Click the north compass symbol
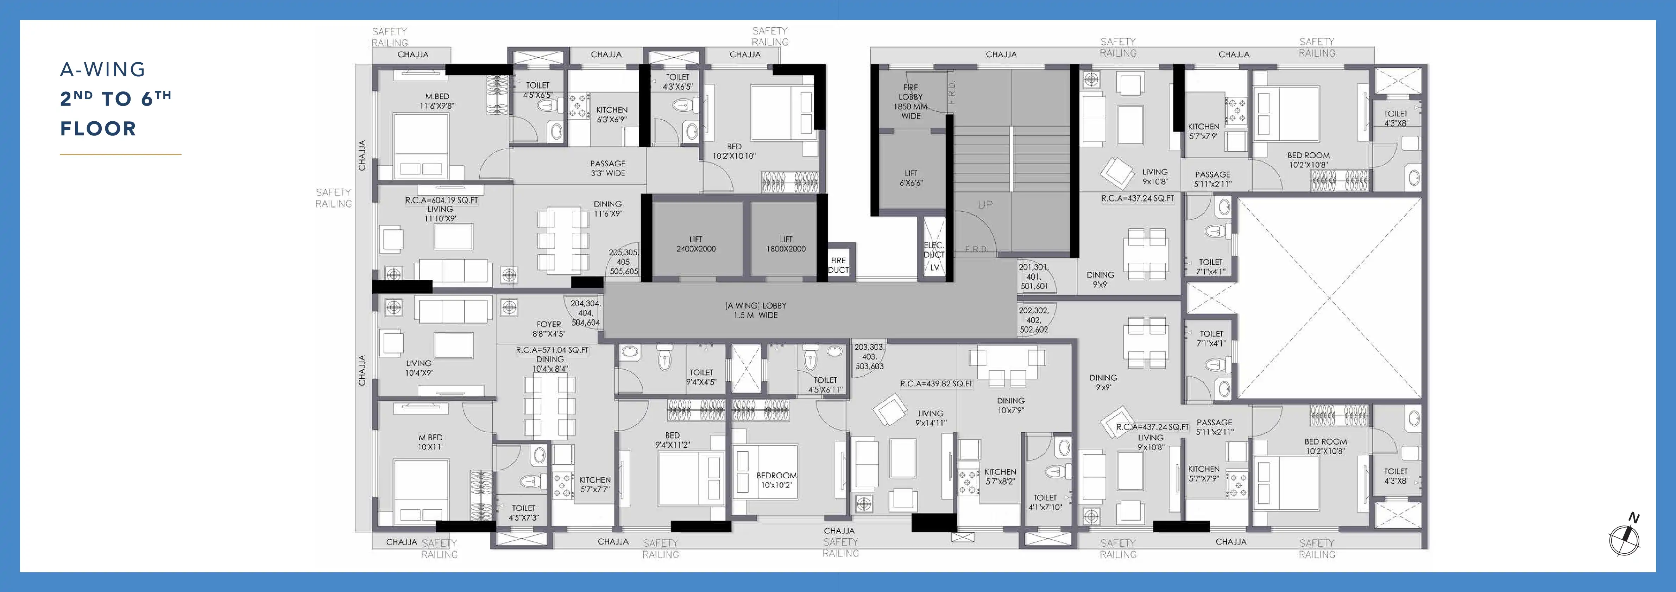coord(1625,537)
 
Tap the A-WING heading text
coord(103,70)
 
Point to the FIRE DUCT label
coord(838,265)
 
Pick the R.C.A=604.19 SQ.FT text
coord(441,200)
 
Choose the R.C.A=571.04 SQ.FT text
coord(552,350)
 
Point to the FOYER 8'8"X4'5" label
coord(548,329)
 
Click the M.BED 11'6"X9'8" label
coord(437,101)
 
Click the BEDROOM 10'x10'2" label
coord(776,480)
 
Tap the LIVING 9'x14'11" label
coord(931,418)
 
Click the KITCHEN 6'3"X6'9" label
coord(612,115)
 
